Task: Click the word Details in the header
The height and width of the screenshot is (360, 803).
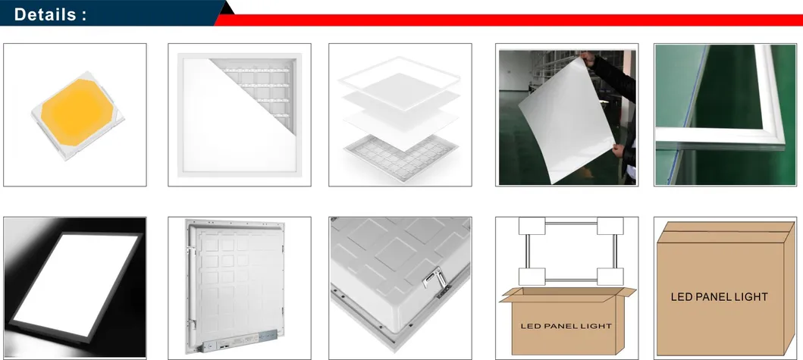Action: tap(45, 14)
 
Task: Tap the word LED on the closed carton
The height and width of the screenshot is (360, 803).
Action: tap(682, 297)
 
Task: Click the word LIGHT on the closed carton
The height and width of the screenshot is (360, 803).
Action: tap(751, 297)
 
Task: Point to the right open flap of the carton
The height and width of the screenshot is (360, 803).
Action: tap(625, 295)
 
